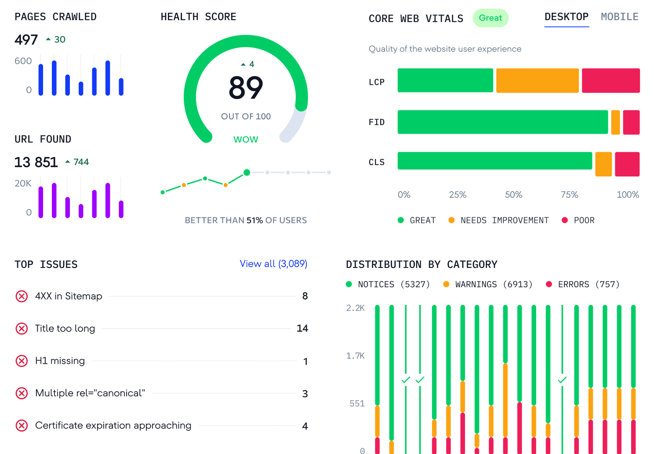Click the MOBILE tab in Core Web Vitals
click(x=619, y=17)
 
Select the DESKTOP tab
click(x=566, y=17)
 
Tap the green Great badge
click(x=490, y=18)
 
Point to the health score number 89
click(x=246, y=88)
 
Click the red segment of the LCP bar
click(x=610, y=81)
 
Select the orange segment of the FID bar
click(x=615, y=122)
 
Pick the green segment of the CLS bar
click(x=495, y=161)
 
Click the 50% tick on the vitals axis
click(x=513, y=194)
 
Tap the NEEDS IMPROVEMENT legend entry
click(x=504, y=220)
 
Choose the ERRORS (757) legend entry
click(x=588, y=285)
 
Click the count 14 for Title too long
click(x=302, y=328)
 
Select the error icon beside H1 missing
click(x=22, y=361)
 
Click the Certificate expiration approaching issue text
click(x=113, y=425)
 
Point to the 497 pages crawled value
click(x=26, y=40)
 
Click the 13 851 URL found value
click(x=36, y=162)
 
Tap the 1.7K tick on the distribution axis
click(x=355, y=355)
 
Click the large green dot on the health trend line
click(x=247, y=172)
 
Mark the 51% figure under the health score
click(x=254, y=220)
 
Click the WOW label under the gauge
click(x=246, y=139)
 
